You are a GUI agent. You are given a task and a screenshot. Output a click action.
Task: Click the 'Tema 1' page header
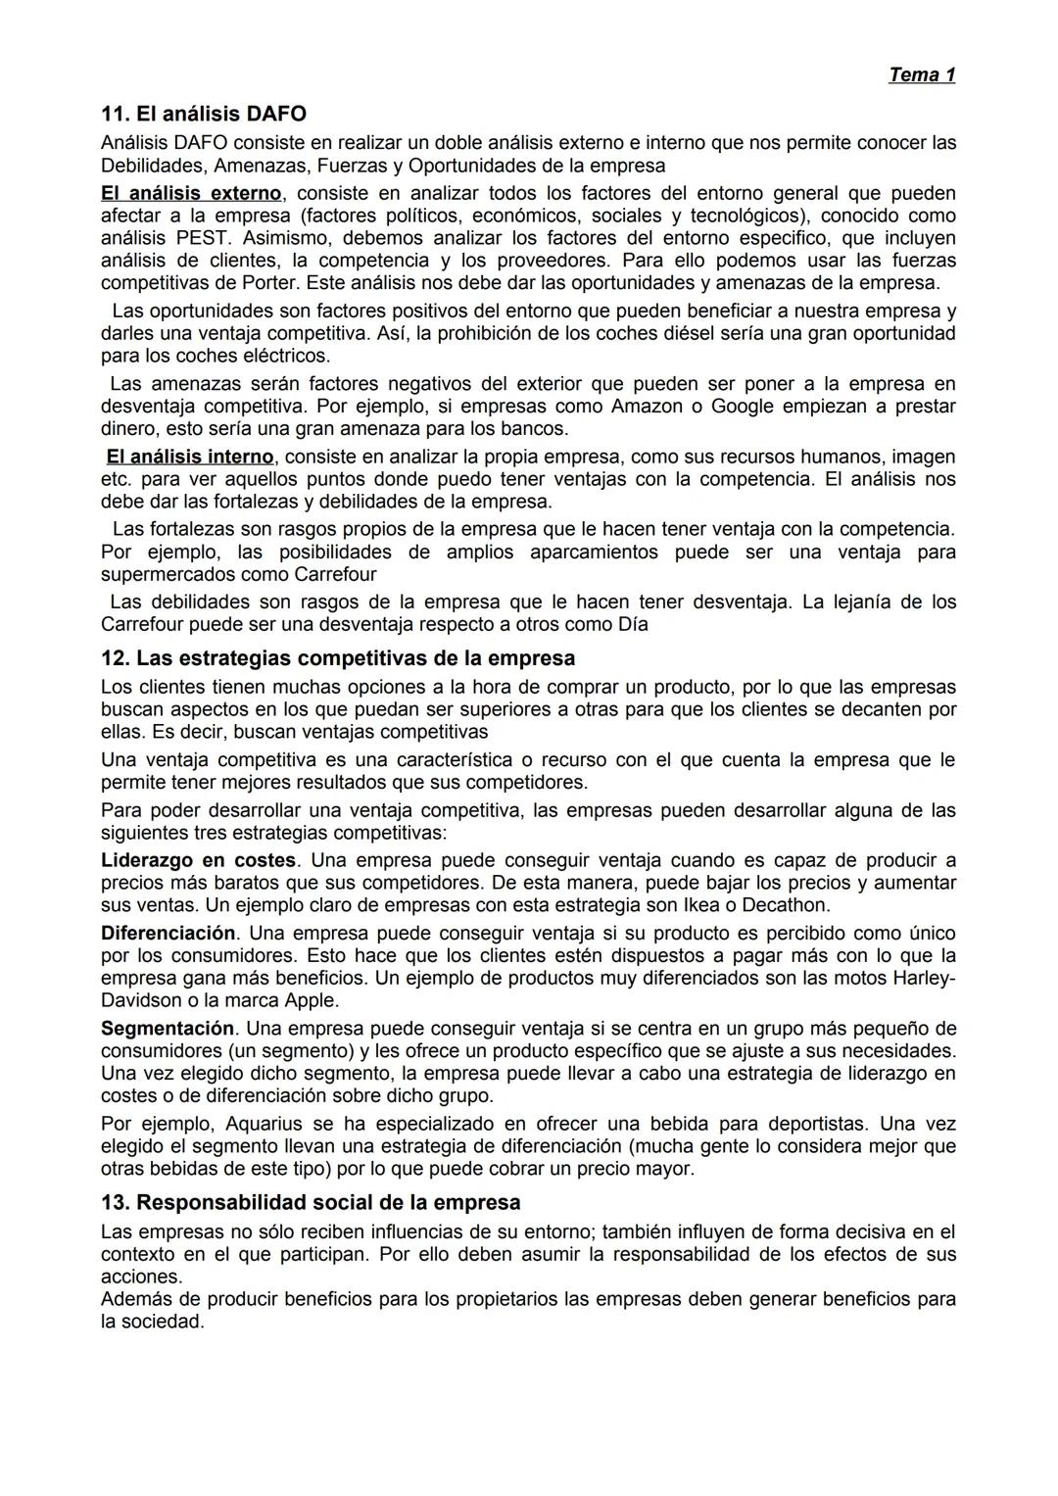921,74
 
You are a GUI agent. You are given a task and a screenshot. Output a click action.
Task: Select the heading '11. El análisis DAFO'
204,114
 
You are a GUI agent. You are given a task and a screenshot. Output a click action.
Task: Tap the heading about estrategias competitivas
338,657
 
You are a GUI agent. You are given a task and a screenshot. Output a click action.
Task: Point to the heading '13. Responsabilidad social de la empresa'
311,1202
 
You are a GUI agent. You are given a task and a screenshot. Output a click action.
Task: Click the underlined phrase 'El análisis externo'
191,193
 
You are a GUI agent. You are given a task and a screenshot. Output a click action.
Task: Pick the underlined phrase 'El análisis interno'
190,457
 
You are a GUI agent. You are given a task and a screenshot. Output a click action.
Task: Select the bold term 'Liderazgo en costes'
198,860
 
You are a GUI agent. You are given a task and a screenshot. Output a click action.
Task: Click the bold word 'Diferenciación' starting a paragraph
168,933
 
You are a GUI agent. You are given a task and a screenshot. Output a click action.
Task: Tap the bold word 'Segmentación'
168,1029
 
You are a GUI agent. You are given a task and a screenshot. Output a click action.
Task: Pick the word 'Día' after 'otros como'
633,624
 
